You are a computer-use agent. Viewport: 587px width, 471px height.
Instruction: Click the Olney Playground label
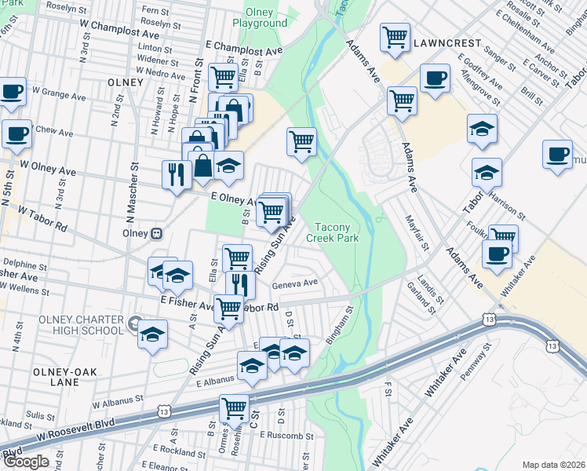click(259, 17)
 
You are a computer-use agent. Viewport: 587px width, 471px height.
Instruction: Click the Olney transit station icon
click(157, 233)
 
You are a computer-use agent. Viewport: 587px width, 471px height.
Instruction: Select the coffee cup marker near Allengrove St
click(434, 78)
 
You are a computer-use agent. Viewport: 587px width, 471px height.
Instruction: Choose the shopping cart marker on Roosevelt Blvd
click(234, 408)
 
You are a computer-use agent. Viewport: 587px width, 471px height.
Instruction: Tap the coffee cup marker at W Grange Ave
click(12, 91)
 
